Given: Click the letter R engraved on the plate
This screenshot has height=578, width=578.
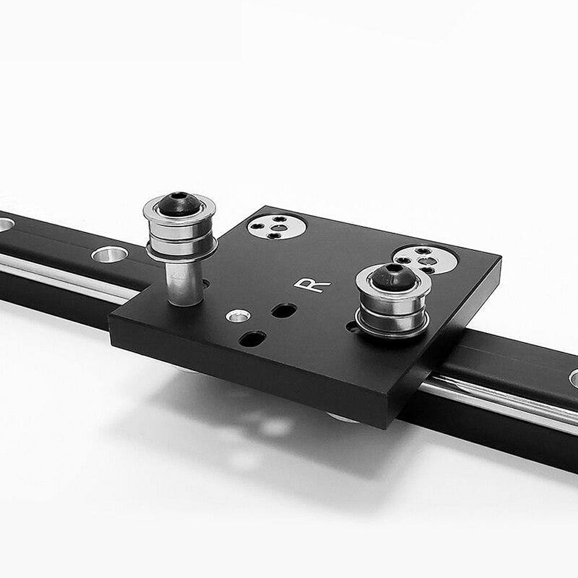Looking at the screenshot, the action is point(312,284).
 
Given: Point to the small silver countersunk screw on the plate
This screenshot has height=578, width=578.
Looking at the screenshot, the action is point(238,316).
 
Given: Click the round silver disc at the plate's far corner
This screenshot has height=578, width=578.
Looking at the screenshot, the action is point(277,227).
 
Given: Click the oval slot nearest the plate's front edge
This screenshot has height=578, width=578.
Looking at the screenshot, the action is point(252,338).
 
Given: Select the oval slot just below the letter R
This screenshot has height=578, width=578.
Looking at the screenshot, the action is point(284,310).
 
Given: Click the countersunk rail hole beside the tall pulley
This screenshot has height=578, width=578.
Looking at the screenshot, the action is point(109,254).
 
